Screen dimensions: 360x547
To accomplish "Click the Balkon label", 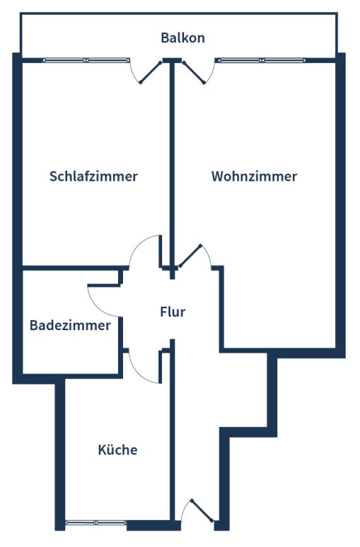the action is tap(182, 37).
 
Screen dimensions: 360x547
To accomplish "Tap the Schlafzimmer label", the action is tap(93, 176).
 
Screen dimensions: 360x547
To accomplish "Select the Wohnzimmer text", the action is tap(254, 176).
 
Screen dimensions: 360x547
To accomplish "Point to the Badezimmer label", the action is tap(70, 325).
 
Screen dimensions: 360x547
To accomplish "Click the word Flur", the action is tap(173, 312).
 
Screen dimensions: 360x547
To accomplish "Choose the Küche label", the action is tap(117, 449).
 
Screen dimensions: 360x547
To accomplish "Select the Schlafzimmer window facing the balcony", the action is tap(86, 60).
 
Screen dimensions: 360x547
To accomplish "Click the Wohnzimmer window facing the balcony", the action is tap(260, 60).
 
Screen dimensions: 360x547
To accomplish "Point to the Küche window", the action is tap(95, 522).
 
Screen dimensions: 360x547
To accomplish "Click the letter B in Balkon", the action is tap(165, 37).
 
